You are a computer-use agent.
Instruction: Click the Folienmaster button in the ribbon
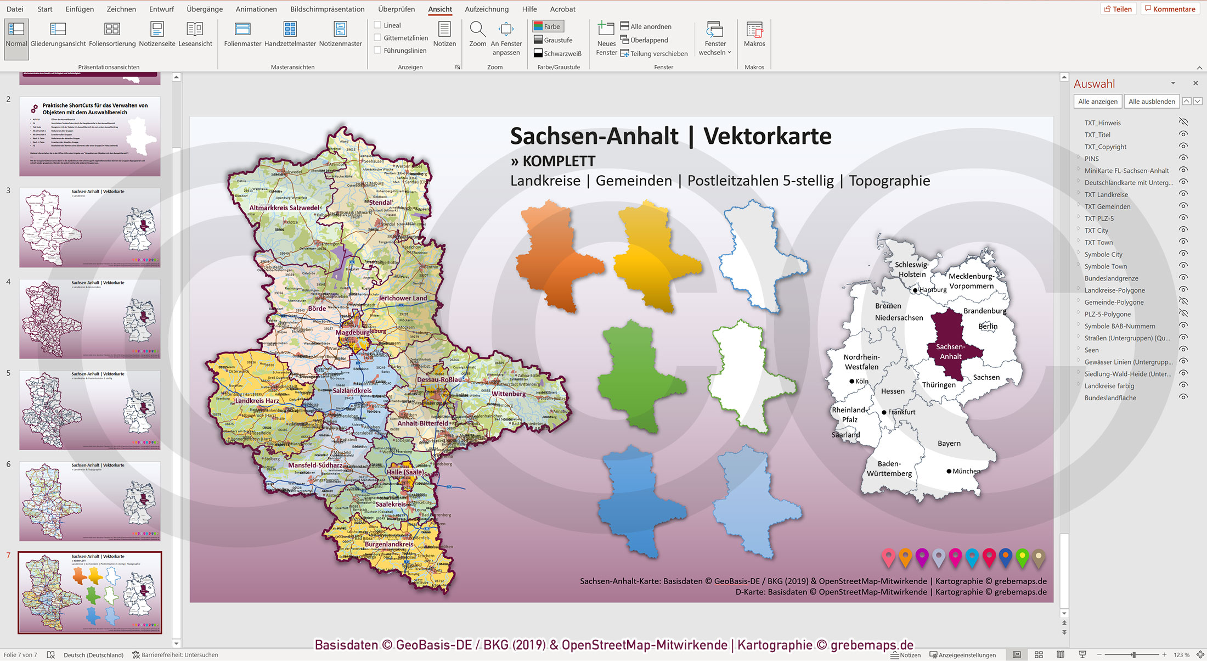[242, 34]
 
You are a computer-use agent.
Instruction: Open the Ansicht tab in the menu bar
[440, 9]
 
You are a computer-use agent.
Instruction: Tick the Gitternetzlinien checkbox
[377, 37]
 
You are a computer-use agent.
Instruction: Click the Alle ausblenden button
[1151, 102]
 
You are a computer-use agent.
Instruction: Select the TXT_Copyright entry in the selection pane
[1105, 147]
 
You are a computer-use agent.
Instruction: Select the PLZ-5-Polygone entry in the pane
[1107, 314]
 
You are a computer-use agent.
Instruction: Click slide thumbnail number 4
[90, 318]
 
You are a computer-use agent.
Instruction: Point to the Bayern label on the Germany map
[949, 443]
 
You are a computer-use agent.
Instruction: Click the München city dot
[949, 471]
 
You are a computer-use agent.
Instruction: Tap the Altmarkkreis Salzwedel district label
[284, 208]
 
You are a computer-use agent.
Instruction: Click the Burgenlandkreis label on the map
[389, 544]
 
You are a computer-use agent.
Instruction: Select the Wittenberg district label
[508, 394]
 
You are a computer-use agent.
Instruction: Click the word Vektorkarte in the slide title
[767, 136]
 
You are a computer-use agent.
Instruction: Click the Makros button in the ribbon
[754, 34]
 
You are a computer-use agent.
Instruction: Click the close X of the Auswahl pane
[1195, 83]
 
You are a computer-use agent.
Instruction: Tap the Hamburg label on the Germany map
[933, 290]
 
